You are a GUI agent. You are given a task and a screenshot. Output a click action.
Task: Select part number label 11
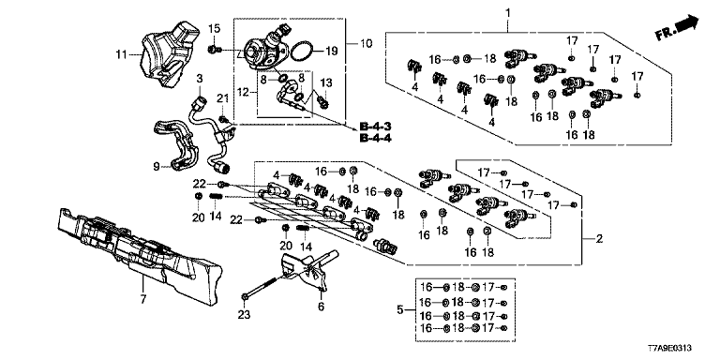[x=121, y=55]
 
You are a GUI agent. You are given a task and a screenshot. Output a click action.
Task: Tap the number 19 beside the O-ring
[x=331, y=51]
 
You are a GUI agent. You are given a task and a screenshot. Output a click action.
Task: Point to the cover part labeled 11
[x=170, y=53]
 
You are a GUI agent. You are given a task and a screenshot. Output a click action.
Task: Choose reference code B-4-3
[x=371, y=127]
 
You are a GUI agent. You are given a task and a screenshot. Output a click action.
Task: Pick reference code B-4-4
[x=372, y=138]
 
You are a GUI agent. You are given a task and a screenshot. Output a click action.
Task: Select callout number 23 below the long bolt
[x=245, y=315]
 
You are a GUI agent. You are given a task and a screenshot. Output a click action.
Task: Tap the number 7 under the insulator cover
[x=142, y=300]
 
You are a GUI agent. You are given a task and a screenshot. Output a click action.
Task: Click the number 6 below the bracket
[x=321, y=307]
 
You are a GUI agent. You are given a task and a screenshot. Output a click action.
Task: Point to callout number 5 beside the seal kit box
[x=400, y=310]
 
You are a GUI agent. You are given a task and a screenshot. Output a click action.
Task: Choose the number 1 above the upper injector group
[x=508, y=12]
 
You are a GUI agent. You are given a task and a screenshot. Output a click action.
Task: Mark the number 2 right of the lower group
[x=599, y=239]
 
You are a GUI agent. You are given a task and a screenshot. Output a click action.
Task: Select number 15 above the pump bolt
[x=215, y=28]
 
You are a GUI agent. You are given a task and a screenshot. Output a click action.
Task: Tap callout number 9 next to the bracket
[x=157, y=166]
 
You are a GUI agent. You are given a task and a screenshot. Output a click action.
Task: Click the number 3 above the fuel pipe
[x=200, y=78]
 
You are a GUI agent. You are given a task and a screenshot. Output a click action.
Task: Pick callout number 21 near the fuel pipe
[x=223, y=98]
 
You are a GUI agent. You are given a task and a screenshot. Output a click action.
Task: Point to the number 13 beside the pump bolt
[x=325, y=82]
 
